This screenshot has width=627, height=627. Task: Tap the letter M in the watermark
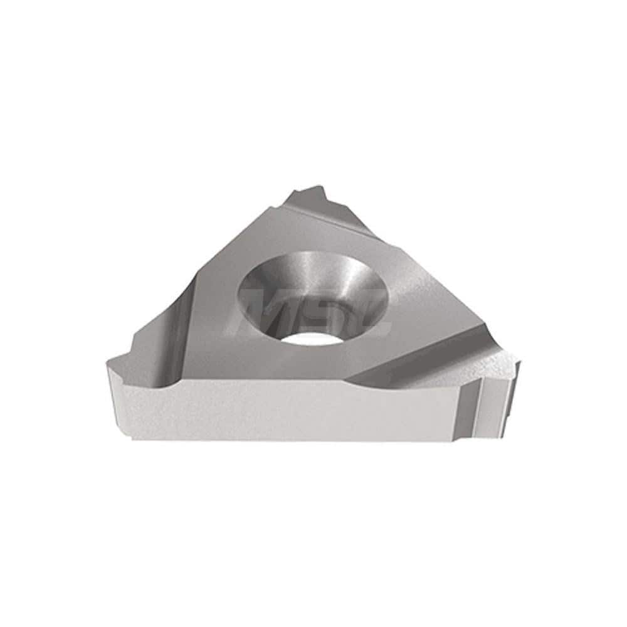[x=271, y=313]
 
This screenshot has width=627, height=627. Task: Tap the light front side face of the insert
[x=282, y=408]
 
